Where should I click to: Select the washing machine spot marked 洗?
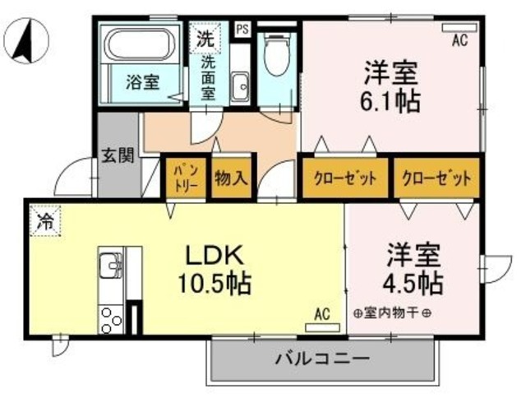(203, 38)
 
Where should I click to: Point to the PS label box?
(242, 28)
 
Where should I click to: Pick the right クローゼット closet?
(436, 178)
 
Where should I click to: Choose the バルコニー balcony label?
(321, 359)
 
